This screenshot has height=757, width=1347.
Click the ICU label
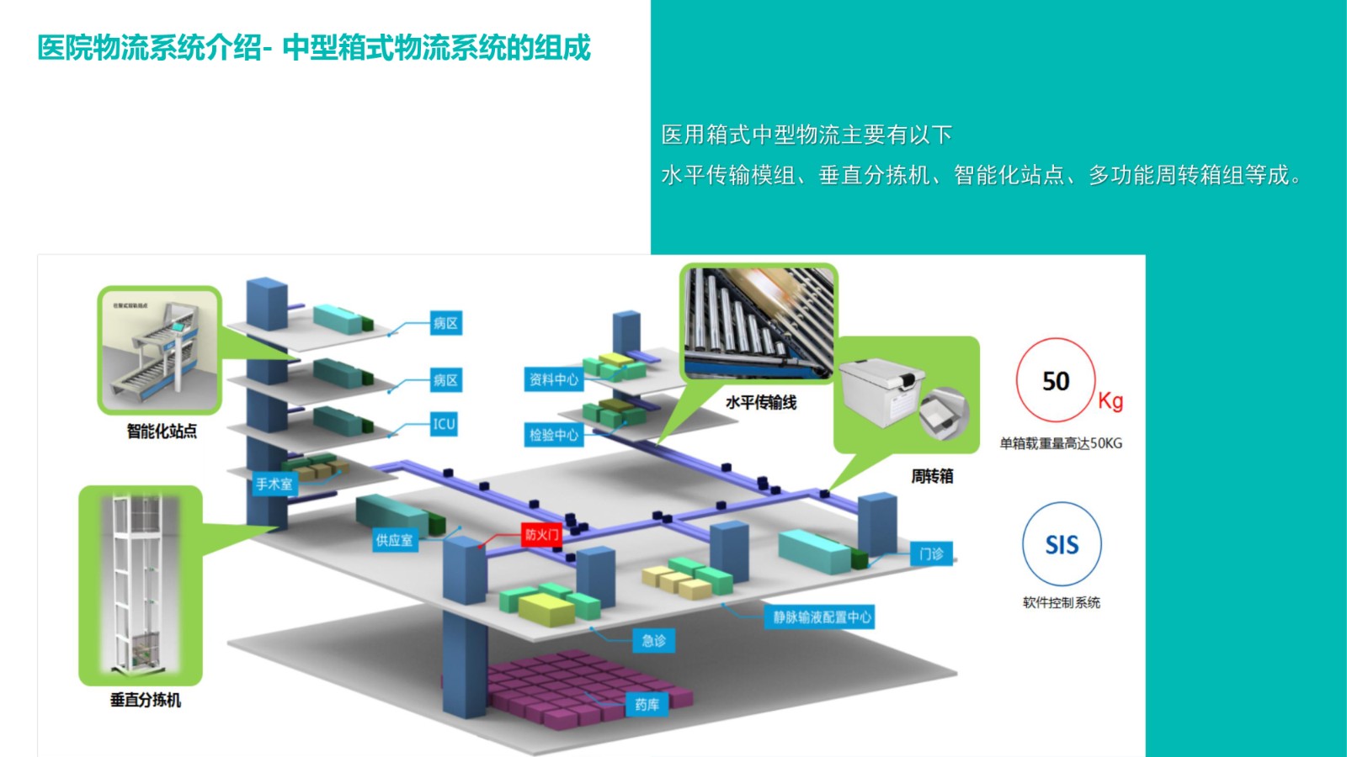(x=444, y=424)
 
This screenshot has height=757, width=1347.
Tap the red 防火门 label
(x=541, y=534)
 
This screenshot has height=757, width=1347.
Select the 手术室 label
(x=274, y=484)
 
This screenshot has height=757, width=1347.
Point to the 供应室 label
(x=394, y=540)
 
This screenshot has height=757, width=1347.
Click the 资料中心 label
(x=553, y=379)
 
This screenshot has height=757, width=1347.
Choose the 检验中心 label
(x=553, y=435)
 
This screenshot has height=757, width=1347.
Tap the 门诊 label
(x=931, y=553)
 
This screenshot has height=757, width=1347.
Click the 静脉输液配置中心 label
(x=822, y=617)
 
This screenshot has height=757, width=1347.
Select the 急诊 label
(x=653, y=641)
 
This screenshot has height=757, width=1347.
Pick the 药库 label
(x=647, y=704)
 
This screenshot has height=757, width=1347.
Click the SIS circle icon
(x=1062, y=544)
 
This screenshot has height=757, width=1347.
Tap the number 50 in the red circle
(x=1056, y=381)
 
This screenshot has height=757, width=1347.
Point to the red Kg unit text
(x=1110, y=400)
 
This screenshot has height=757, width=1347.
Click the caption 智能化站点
(x=162, y=431)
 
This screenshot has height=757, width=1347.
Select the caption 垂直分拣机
(x=145, y=700)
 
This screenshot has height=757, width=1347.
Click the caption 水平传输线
(x=761, y=403)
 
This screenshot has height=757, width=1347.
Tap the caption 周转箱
(x=932, y=476)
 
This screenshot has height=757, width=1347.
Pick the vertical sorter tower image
(x=140, y=585)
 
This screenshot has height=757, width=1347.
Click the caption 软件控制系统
(x=1061, y=602)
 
